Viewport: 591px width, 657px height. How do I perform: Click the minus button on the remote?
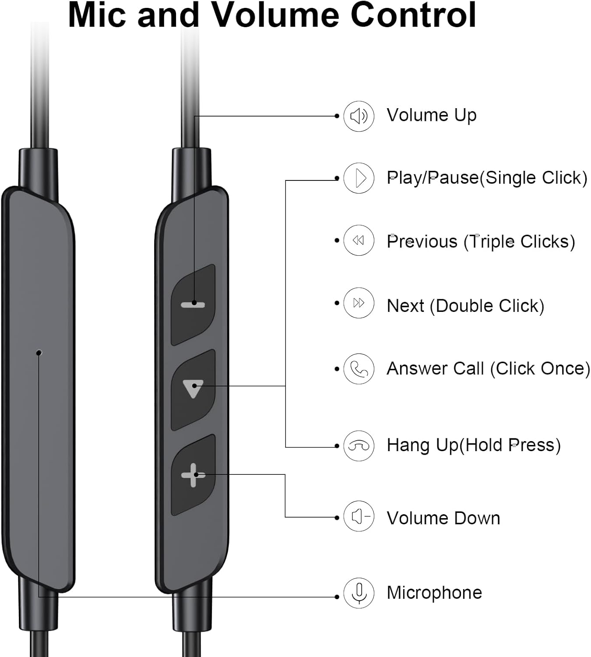point(193,304)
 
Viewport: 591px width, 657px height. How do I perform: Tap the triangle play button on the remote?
point(193,389)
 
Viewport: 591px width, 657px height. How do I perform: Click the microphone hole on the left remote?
point(39,352)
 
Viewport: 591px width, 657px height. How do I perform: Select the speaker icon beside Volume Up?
point(359,116)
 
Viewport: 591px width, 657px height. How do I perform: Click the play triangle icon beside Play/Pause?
point(359,178)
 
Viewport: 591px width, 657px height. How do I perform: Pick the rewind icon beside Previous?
point(359,240)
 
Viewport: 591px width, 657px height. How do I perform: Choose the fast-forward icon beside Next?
point(359,303)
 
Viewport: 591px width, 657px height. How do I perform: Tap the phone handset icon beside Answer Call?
point(359,369)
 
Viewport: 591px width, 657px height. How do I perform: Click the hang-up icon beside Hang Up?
point(359,446)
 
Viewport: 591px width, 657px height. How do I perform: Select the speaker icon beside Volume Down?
point(359,517)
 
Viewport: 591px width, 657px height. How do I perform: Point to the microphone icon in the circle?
point(359,593)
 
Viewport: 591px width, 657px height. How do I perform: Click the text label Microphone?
point(434,593)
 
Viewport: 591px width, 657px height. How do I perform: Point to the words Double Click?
point(489,306)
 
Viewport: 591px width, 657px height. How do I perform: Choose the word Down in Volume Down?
point(477,518)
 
